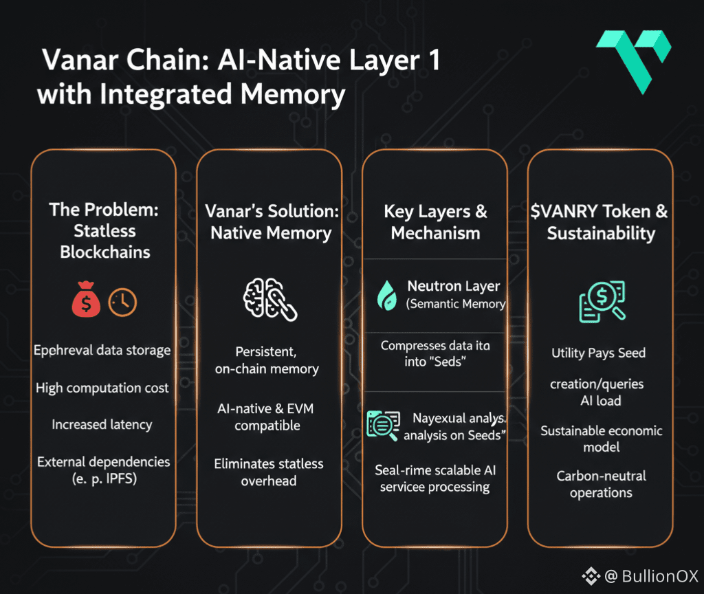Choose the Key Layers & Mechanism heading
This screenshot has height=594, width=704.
[x=435, y=222]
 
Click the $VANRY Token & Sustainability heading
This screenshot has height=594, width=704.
[x=600, y=222]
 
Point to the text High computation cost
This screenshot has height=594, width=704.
[x=102, y=388]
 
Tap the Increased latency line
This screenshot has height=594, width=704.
[x=102, y=424]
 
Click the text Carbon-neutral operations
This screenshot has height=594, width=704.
[x=601, y=484]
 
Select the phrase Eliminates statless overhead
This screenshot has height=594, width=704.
[x=269, y=472]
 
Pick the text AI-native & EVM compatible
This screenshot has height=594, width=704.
[x=267, y=417]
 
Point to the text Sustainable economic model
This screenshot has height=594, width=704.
[x=601, y=439]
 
